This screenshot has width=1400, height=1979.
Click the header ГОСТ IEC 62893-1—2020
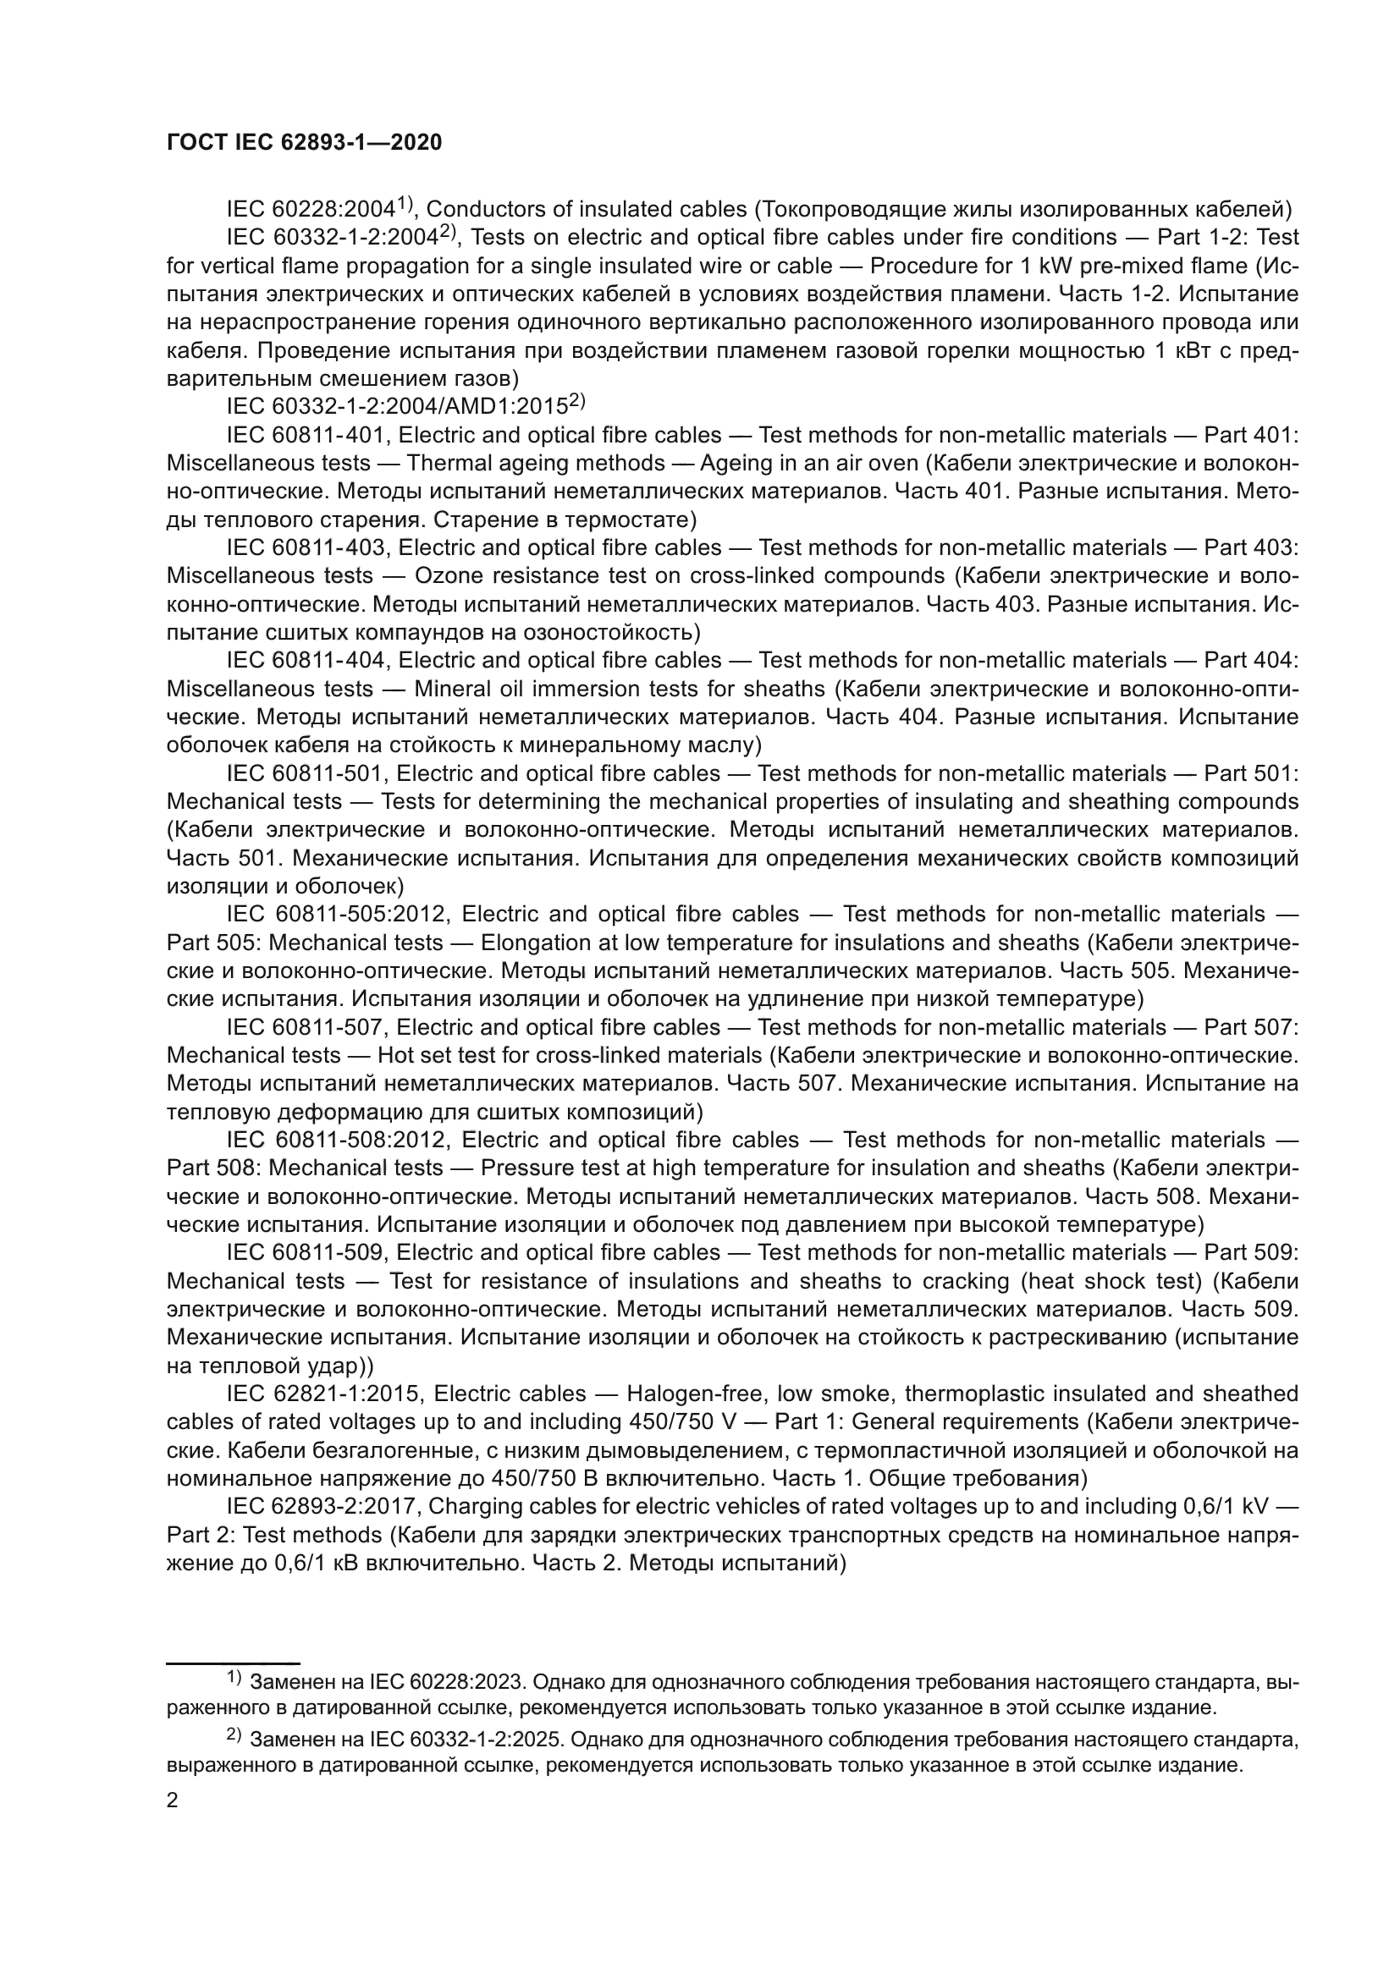[x=304, y=143]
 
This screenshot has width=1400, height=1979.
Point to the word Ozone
[x=448, y=576]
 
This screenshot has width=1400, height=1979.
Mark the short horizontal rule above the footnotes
[x=233, y=1661]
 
